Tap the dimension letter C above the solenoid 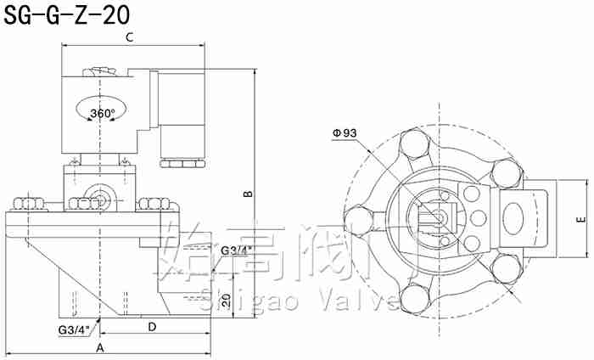tap(130, 37)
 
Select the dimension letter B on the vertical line tap(248, 194)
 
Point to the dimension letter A tap(99, 348)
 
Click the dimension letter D tap(151, 327)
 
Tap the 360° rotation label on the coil tap(101, 113)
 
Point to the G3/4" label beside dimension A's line tap(74, 329)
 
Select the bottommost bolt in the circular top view tap(416, 298)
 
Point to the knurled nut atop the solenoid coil tap(101, 75)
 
